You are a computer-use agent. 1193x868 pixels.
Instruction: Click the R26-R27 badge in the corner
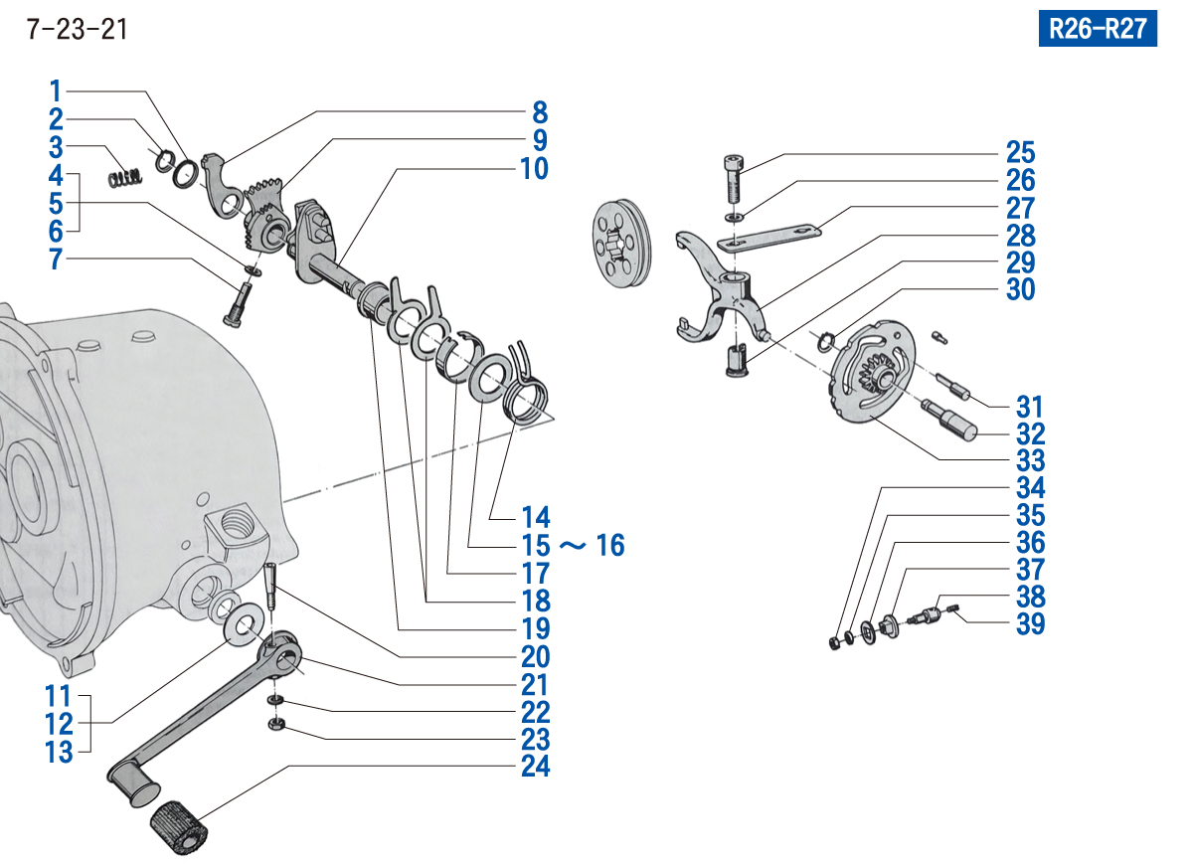(x=1098, y=29)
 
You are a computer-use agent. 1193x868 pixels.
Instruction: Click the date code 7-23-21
(x=78, y=30)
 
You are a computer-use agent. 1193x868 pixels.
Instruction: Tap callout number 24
(x=535, y=767)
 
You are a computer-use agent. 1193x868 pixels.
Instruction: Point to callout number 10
(x=534, y=169)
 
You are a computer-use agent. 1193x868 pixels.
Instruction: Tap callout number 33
(x=1030, y=461)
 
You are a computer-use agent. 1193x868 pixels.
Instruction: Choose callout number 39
(x=1030, y=624)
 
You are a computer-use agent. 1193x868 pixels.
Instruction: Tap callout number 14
(x=535, y=517)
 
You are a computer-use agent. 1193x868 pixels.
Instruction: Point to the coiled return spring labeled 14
(x=524, y=393)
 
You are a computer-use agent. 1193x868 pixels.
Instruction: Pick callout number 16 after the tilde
(x=610, y=545)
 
